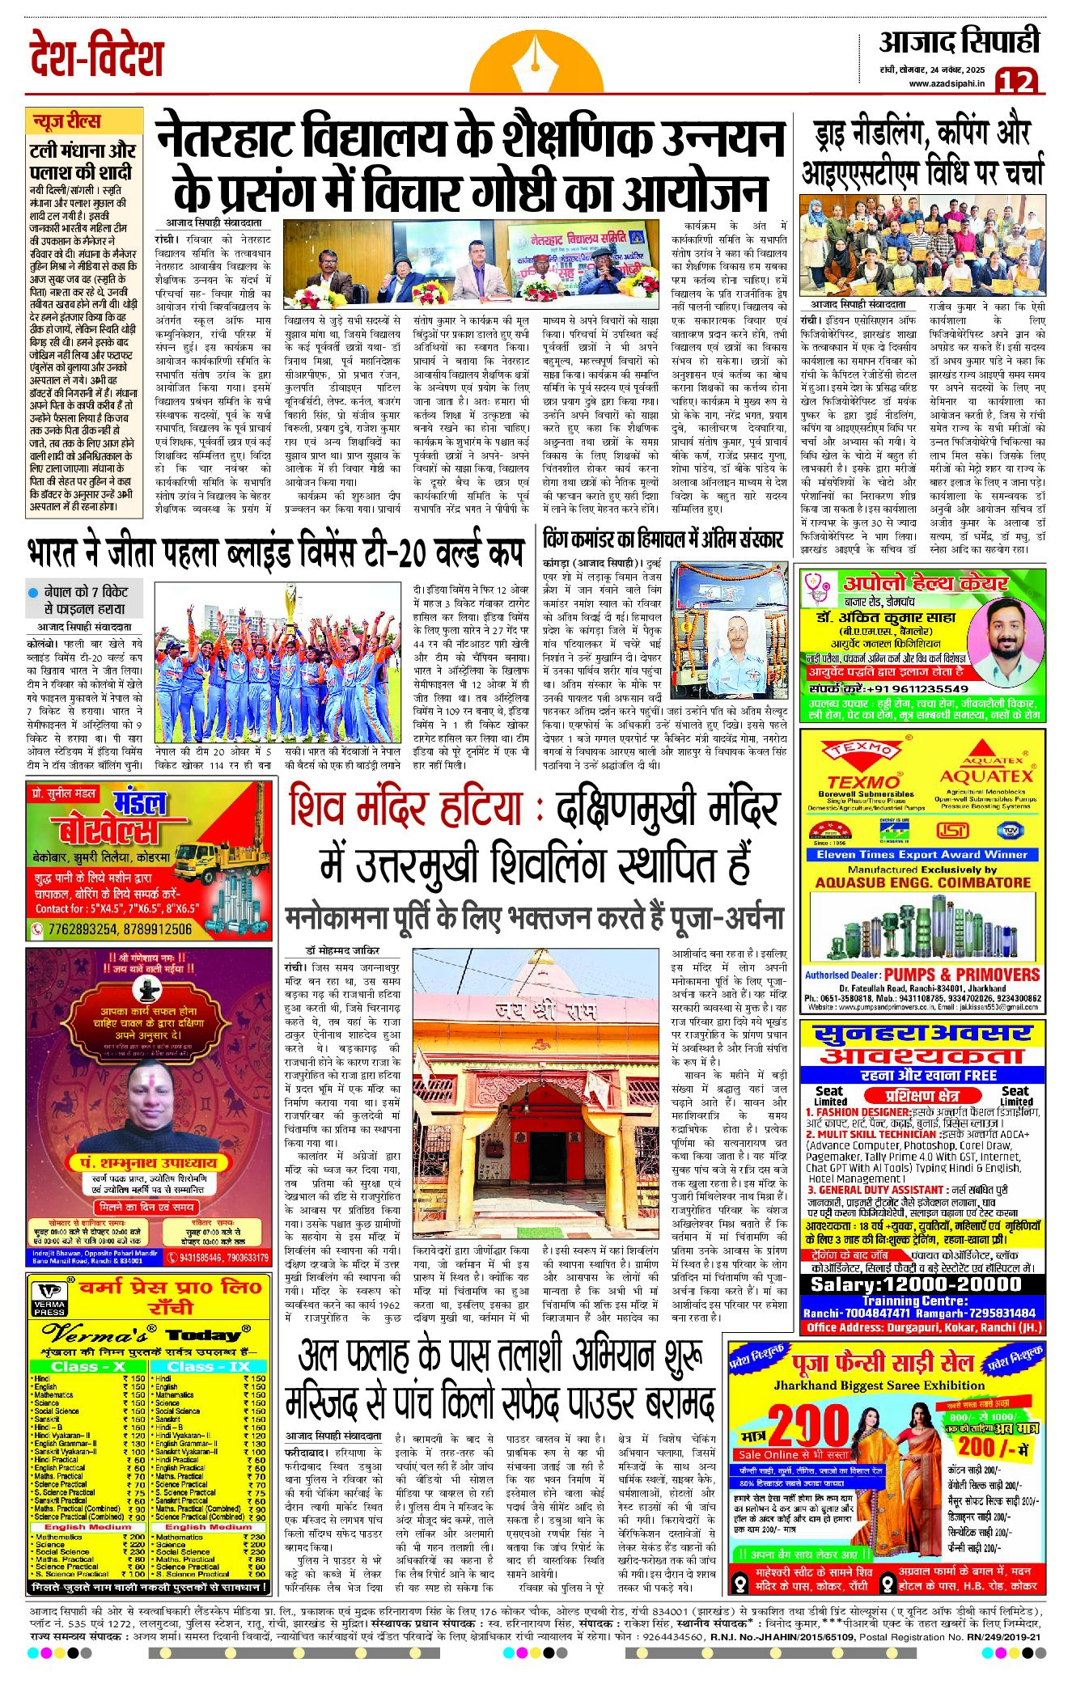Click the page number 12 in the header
point(1016,80)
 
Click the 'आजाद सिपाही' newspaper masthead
point(959,42)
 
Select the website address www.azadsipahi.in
point(946,83)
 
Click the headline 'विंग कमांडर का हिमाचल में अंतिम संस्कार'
point(663,539)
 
